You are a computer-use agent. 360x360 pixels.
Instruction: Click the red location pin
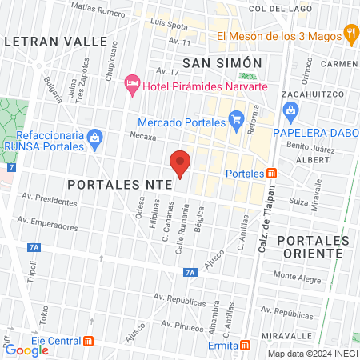(x=180, y=162)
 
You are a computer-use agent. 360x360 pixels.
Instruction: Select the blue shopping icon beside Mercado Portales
(x=236, y=122)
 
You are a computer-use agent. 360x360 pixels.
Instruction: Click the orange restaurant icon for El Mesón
(x=350, y=34)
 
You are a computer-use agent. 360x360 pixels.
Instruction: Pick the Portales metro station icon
(x=272, y=173)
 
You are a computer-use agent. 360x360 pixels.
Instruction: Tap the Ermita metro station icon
(x=248, y=345)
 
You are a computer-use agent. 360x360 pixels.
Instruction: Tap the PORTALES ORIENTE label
(x=311, y=246)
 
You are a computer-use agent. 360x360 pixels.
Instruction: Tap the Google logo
(x=26, y=350)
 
